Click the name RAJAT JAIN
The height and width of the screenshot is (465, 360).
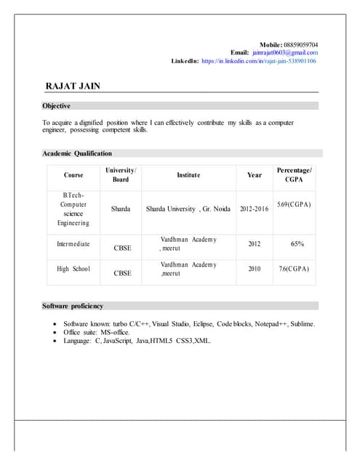pos(73,86)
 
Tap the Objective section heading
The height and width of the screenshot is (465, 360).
pos(56,106)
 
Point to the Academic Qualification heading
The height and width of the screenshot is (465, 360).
pos(77,153)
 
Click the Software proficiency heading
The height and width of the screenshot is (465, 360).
pos(73,306)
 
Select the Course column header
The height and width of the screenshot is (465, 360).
pos(73,175)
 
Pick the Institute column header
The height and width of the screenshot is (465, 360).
pos(188,175)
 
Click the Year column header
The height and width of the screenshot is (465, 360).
pos(255,175)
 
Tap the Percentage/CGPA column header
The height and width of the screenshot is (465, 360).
pos(294,174)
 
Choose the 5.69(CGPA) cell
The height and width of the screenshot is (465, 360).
pos(294,205)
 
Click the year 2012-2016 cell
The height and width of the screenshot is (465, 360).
pos(255,209)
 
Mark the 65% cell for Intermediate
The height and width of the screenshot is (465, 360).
pos(297,244)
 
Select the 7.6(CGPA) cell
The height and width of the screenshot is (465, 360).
pos(294,269)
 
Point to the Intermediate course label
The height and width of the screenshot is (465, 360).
pos(73,244)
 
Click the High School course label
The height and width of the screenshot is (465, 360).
pos(73,269)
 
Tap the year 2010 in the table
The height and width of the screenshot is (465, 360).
pos(255,269)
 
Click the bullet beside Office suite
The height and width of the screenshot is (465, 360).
pos(56,332)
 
